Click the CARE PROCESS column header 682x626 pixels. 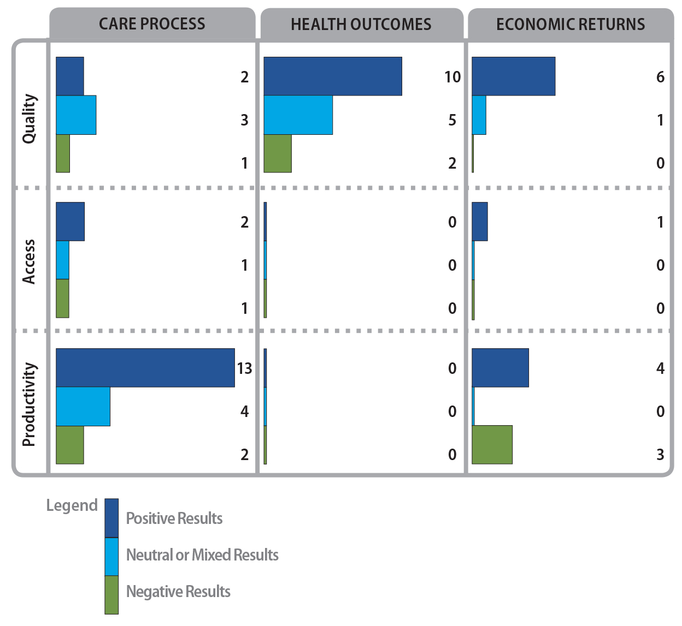(152, 24)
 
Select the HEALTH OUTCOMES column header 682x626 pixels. (361, 25)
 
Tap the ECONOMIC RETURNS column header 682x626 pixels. (571, 25)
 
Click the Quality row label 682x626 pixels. (30, 119)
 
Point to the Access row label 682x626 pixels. (29, 261)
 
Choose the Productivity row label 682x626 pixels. (29, 404)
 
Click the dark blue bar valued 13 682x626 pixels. (145, 368)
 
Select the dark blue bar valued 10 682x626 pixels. (333, 76)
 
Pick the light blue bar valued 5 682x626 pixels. (298, 115)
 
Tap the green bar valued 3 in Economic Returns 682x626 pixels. (492, 445)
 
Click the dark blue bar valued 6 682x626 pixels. (513, 76)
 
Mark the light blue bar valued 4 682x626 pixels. (83, 407)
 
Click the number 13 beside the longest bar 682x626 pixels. (244, 368)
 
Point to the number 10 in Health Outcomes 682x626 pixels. (452, 77)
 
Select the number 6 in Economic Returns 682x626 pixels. (660, 77)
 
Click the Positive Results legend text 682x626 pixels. (174, 518)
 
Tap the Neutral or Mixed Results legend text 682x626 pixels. (202, 555)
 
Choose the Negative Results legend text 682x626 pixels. (178, 592)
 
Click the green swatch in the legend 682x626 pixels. (111, 595)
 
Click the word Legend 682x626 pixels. (72, 505)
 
